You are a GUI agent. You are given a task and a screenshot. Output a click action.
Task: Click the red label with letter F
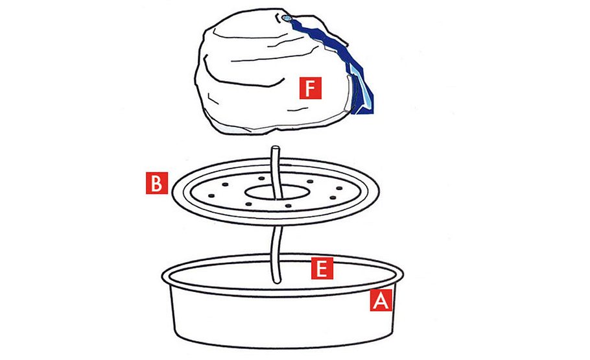311,88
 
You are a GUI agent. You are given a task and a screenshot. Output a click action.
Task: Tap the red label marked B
156,183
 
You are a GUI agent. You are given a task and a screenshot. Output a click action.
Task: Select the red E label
322,268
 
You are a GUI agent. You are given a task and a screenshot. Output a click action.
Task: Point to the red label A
381,300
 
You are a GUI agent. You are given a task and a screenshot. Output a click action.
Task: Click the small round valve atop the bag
287,18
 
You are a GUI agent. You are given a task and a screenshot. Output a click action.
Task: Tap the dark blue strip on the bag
331,49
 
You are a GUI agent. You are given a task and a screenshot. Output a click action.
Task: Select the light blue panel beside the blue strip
360,88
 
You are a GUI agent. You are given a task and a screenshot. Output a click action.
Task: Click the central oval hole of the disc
275,193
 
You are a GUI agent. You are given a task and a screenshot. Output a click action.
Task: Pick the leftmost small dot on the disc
211,196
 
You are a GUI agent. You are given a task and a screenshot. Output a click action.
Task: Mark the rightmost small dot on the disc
339,188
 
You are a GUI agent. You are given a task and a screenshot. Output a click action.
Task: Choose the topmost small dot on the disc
262,178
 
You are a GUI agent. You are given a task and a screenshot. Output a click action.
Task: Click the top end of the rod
276,148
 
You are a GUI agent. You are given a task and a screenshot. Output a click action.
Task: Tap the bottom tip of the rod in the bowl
277,281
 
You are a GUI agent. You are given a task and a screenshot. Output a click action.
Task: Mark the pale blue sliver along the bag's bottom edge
233,129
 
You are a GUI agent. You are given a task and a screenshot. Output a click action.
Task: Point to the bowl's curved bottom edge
283,346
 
